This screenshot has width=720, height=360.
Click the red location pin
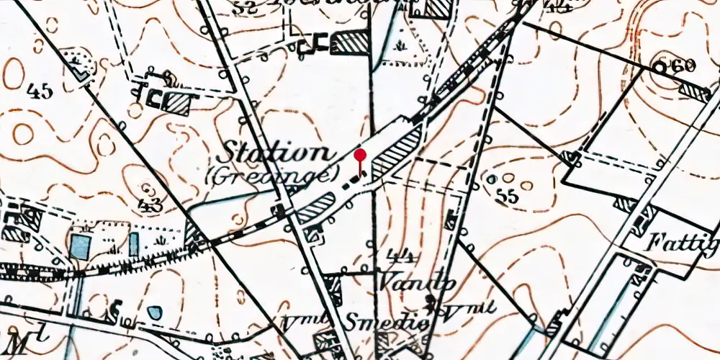coord(361,156)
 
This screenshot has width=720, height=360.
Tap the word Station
coord(274,153)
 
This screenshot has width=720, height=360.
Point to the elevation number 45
coord(39,91)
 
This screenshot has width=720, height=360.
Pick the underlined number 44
coord(394,256)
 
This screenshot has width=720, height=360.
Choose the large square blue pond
coord(81,246)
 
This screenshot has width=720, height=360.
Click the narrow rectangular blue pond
coord(134,243)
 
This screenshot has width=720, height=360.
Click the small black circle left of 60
coord(659,66)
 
